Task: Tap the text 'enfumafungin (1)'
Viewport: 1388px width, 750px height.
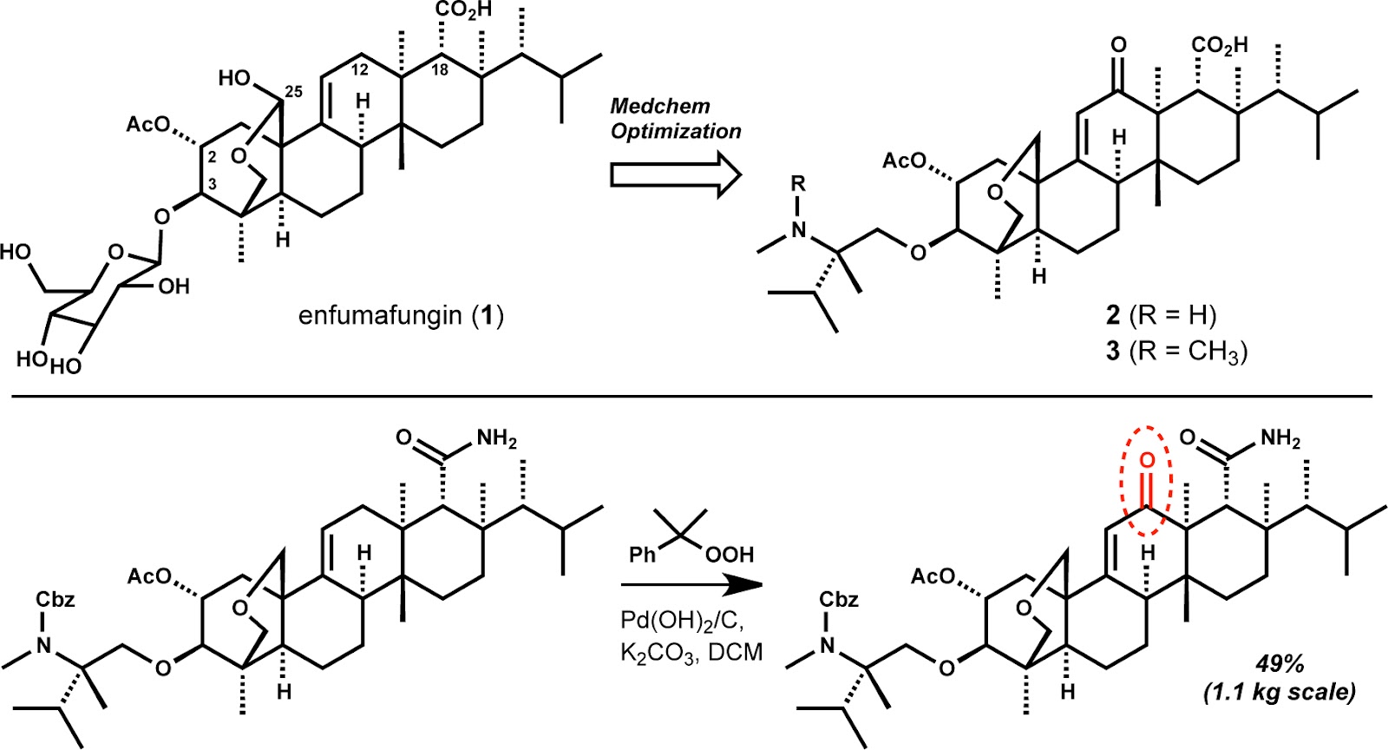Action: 401,314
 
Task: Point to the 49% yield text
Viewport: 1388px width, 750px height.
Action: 1280,664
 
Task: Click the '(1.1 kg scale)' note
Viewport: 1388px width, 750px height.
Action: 1279,692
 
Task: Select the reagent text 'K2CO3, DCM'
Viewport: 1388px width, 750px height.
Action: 691,653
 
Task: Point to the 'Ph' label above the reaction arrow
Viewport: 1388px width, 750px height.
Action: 643,554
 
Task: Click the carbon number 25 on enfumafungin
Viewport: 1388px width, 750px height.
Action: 293,91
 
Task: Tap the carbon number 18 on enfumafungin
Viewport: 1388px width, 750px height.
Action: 440,69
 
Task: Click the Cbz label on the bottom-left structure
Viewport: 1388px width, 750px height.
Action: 56,600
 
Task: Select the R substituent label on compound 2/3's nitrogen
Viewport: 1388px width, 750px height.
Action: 799,183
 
